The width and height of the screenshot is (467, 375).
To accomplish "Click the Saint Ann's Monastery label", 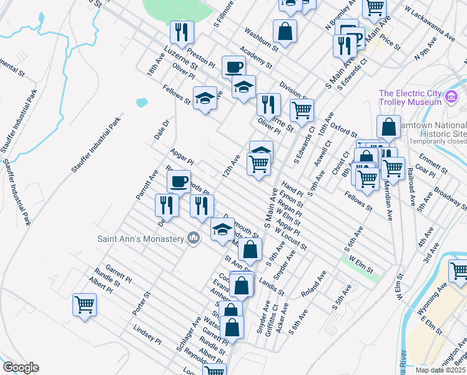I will [140, 238].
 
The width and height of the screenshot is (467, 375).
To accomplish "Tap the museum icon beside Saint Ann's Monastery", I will [194, 237].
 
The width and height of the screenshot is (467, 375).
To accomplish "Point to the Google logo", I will [21, 367].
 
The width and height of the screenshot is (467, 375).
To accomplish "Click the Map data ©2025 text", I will [440, 370].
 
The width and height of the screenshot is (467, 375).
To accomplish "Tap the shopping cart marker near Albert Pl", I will [84, 305].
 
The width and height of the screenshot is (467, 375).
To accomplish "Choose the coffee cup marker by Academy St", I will [234, 66].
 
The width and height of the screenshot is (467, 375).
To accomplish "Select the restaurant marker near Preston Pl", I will [182, 32].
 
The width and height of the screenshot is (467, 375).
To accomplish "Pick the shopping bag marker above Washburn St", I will [285, 31].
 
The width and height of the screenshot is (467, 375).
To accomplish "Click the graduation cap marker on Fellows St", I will [204, 97].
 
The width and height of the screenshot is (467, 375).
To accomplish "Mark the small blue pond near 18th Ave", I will [142, 101].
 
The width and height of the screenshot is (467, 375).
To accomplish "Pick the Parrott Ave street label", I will [147, 184].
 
